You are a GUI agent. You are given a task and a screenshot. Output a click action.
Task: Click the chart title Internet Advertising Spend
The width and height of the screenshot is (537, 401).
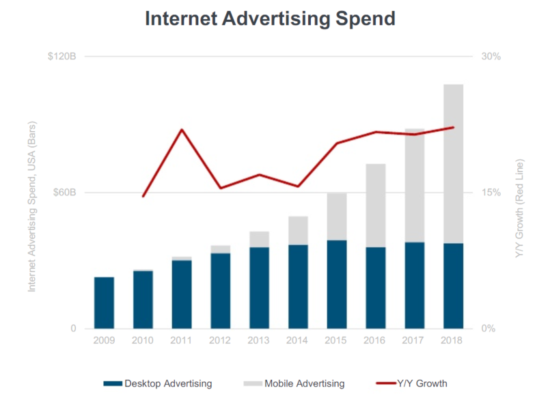pyautogui.click(x=269, y=18)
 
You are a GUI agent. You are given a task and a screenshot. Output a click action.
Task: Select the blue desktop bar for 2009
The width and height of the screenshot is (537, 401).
pyautogui.click(x=104, y=303)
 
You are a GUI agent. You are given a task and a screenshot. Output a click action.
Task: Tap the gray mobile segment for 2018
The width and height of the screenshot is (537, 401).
pyautogui.click(x=453, y=163)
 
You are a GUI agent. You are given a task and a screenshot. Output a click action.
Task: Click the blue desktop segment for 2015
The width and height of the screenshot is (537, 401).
pyautogui.click(x=337, y=284)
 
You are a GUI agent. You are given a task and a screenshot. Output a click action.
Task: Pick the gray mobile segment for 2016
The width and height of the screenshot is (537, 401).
pyautogui.click(x=376, y=205)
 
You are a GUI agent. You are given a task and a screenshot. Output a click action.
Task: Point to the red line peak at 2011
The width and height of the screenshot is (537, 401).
pyautogui.click(x=182, y=129)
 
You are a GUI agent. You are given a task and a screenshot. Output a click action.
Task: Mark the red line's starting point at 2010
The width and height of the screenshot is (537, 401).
pyautogui.click(x=143, y=196)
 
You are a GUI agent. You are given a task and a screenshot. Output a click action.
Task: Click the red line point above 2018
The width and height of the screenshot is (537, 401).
pyautogui.click(x=453, y=127)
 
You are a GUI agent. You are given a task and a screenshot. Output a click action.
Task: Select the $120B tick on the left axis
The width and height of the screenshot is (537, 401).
pyautogui.click(x=61, y=56)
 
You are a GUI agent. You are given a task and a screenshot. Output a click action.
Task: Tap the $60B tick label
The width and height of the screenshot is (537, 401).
pyautogui.click(x=64, y=192)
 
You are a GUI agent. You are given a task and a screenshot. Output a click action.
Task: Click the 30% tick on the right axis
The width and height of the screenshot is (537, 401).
pyautogui.click(x=491, y=56)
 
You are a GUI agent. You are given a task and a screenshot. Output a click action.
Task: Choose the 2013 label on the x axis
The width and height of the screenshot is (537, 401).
pyautogui.click(x=259, y=340)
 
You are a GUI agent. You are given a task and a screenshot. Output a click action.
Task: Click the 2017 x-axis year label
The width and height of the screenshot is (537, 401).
pyautogui.click(x=414, y=340)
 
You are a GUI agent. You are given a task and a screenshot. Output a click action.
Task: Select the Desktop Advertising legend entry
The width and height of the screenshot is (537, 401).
pyautogui.click(x=158, y=383)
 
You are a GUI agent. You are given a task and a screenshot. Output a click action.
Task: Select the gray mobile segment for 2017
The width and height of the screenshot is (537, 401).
pyautogui.click(x=414, y=185)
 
